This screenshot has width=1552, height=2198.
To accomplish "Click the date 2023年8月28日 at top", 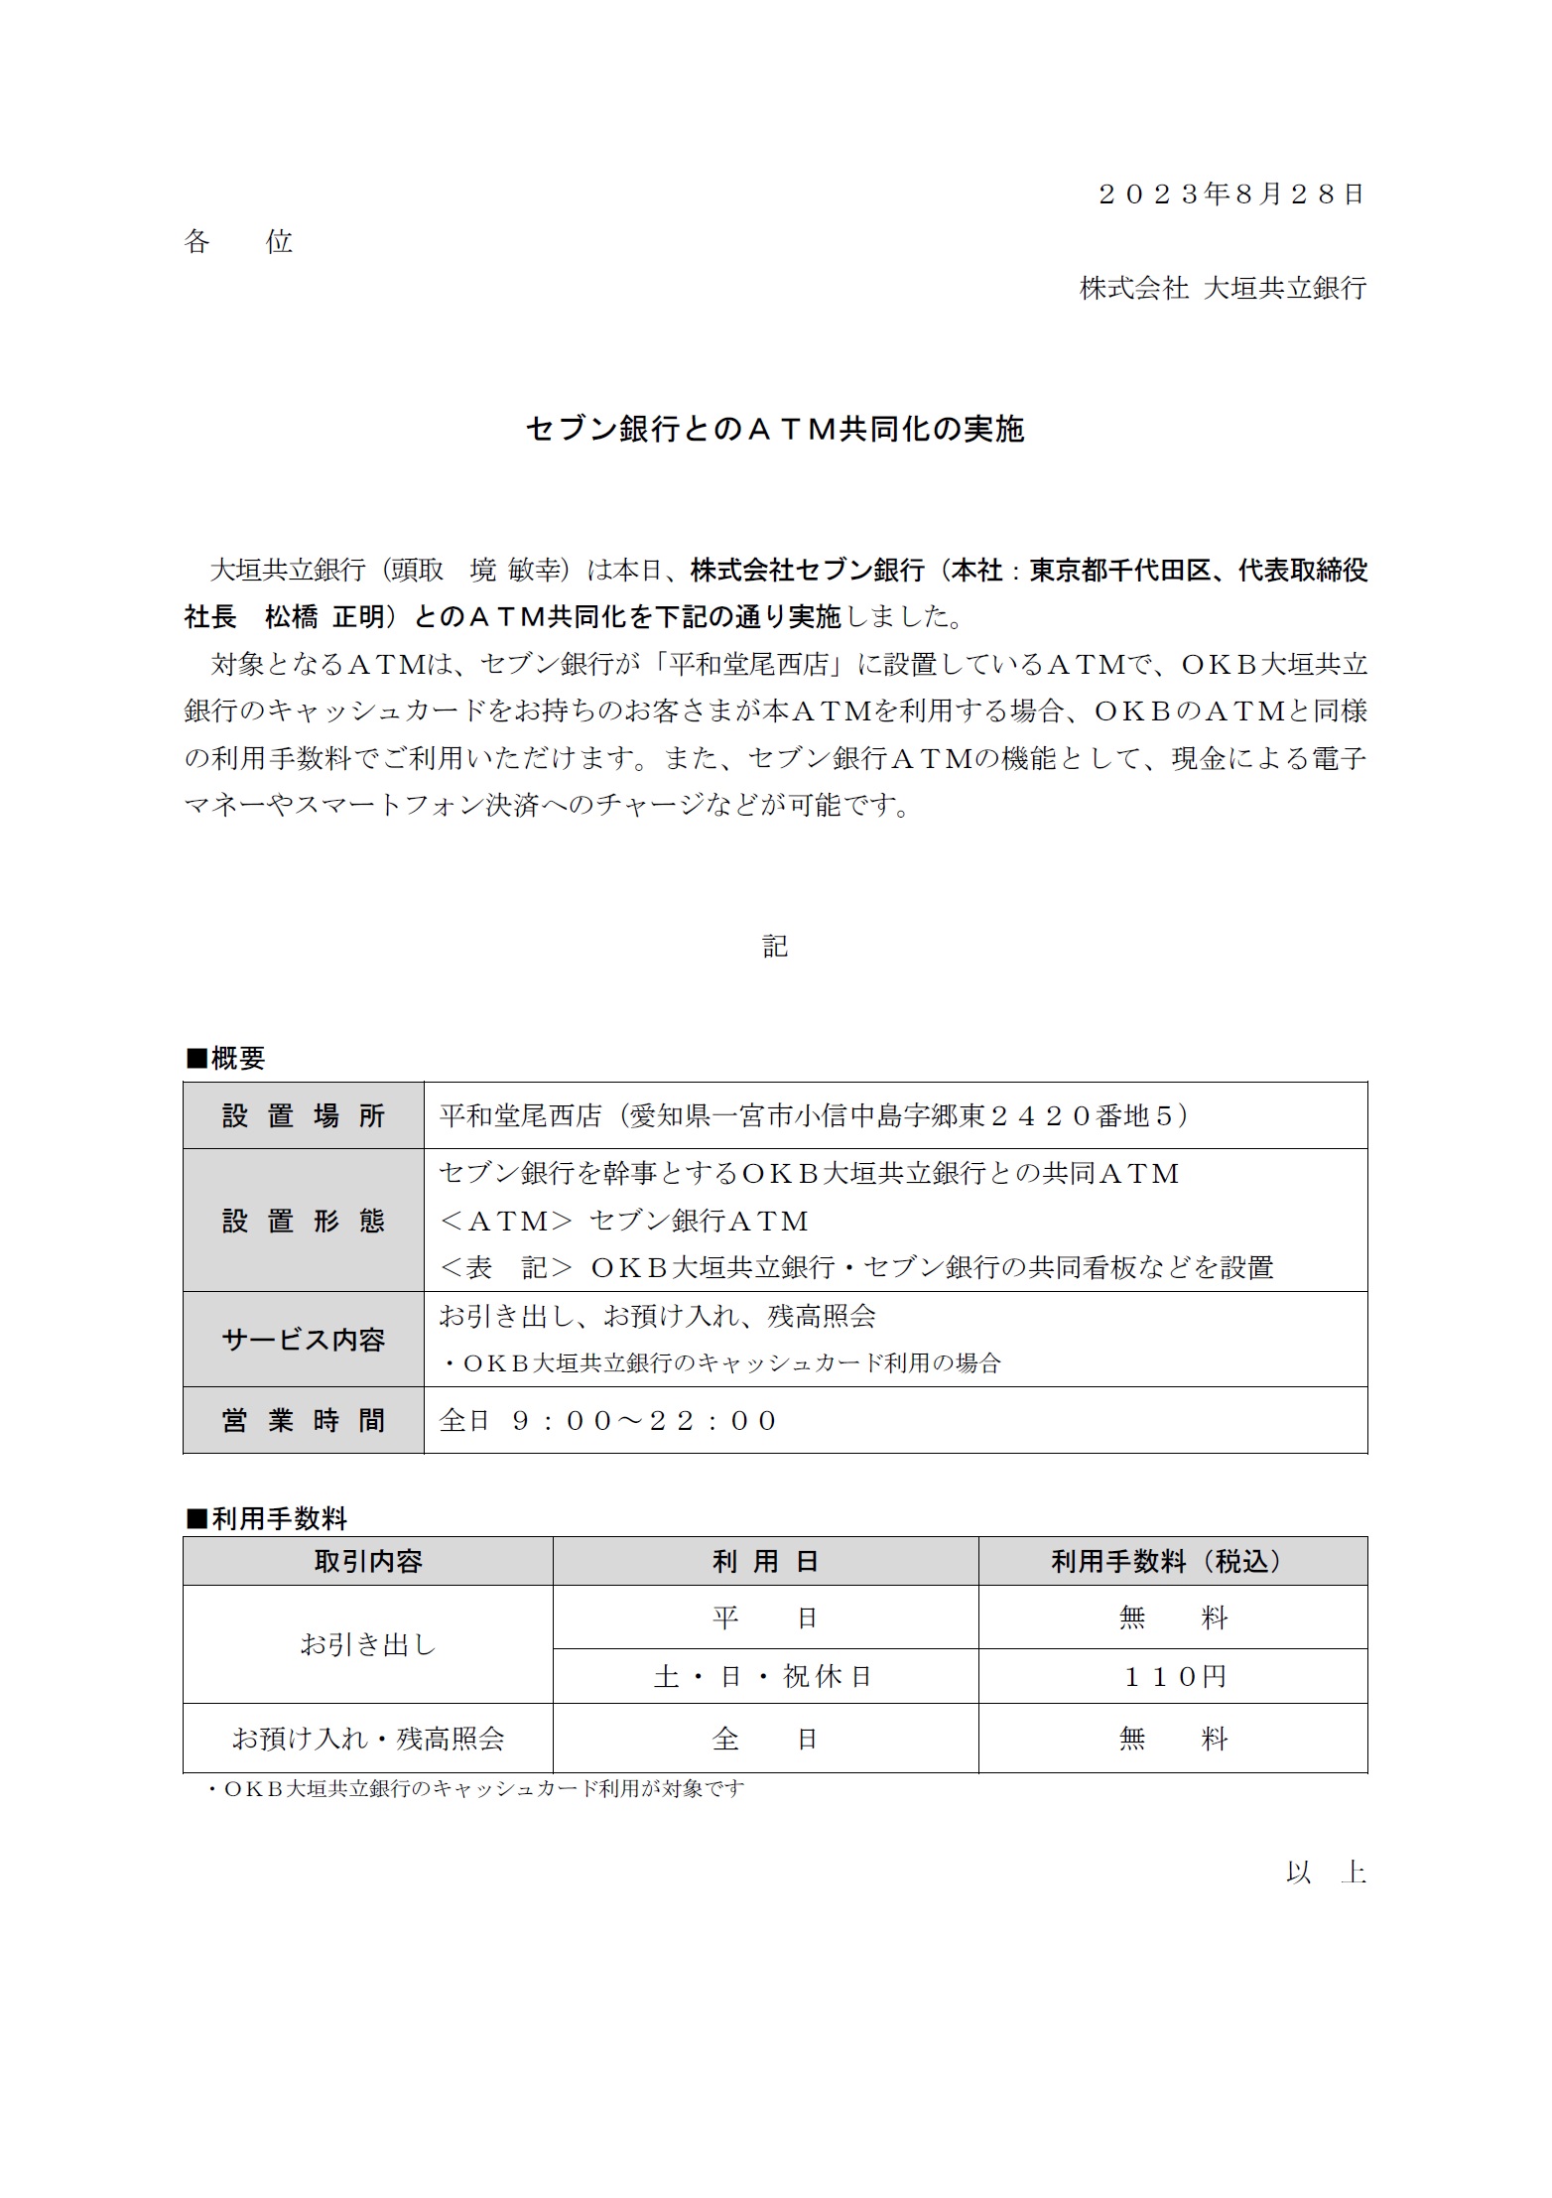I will click(1231, 194).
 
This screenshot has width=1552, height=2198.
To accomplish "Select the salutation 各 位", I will click(238, 242).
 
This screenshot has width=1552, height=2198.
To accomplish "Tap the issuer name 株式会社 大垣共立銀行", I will click(1223, 289).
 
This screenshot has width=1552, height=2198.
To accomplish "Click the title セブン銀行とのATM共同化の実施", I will click(775, 429).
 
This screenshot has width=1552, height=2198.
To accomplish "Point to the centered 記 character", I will click(775, 947).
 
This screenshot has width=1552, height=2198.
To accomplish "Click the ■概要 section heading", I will click(226, 1059).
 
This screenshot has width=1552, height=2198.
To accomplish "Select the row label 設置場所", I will click(304, 1116).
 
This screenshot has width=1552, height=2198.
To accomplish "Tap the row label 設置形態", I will click(304, 1221).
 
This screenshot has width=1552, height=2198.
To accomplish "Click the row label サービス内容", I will click(304, 1341).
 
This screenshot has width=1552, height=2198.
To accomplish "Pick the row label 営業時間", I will click(304, 1421).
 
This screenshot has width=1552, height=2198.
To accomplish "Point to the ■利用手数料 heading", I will click(267, 1519).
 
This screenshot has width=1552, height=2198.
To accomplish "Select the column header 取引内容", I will click(368, 1562).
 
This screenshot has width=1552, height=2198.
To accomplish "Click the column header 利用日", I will click(765, 1562).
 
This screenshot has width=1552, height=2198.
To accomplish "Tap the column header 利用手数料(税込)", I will click(1173, 1562).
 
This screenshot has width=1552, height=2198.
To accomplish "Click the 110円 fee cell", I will click(1174, 1677).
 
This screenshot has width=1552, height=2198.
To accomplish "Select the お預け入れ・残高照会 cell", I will click(368, 1739).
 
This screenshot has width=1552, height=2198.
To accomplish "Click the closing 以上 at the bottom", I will click(1326, 1873).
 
